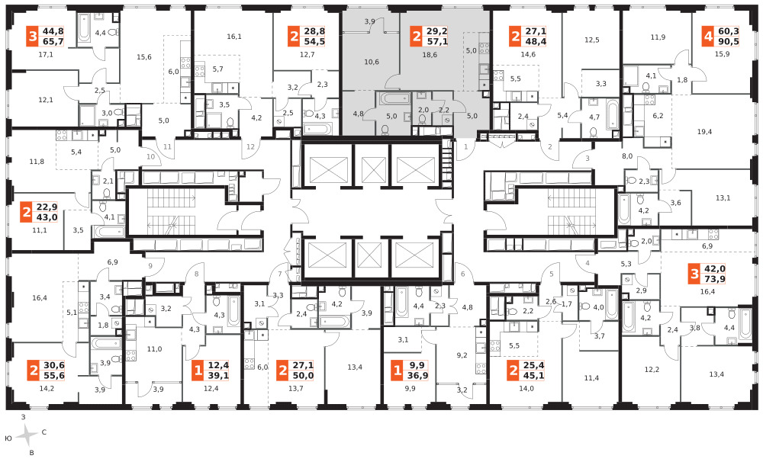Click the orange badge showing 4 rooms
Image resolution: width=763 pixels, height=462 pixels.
click(708, 37)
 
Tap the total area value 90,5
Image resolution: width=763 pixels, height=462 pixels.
click(728, 42)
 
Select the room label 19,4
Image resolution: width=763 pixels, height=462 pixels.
click(704, 132)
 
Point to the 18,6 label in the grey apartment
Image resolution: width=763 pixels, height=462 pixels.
click(430, 55)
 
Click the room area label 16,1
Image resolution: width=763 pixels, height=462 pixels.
click(234, 37)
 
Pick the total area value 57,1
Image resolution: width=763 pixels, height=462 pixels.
click(437, 42)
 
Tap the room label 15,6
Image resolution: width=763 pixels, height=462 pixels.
click(144, 57)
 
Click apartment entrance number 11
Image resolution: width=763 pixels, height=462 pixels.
click(167, 147)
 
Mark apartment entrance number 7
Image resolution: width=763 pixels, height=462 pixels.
click(280, 274)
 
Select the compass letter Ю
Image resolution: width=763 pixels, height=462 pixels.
click(8, 438)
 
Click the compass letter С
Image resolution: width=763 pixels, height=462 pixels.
click(43, 432)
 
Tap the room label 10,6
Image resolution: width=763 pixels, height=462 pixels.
click(372, 62)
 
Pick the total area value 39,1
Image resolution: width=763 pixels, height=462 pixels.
click(218, 375)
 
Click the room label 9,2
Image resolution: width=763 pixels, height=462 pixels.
click(462, 355)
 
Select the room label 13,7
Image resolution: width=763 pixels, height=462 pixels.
click(296, 388)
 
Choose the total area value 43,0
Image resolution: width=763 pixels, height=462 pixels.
click(47, 217)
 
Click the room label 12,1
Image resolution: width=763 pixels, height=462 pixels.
click(46, 100)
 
